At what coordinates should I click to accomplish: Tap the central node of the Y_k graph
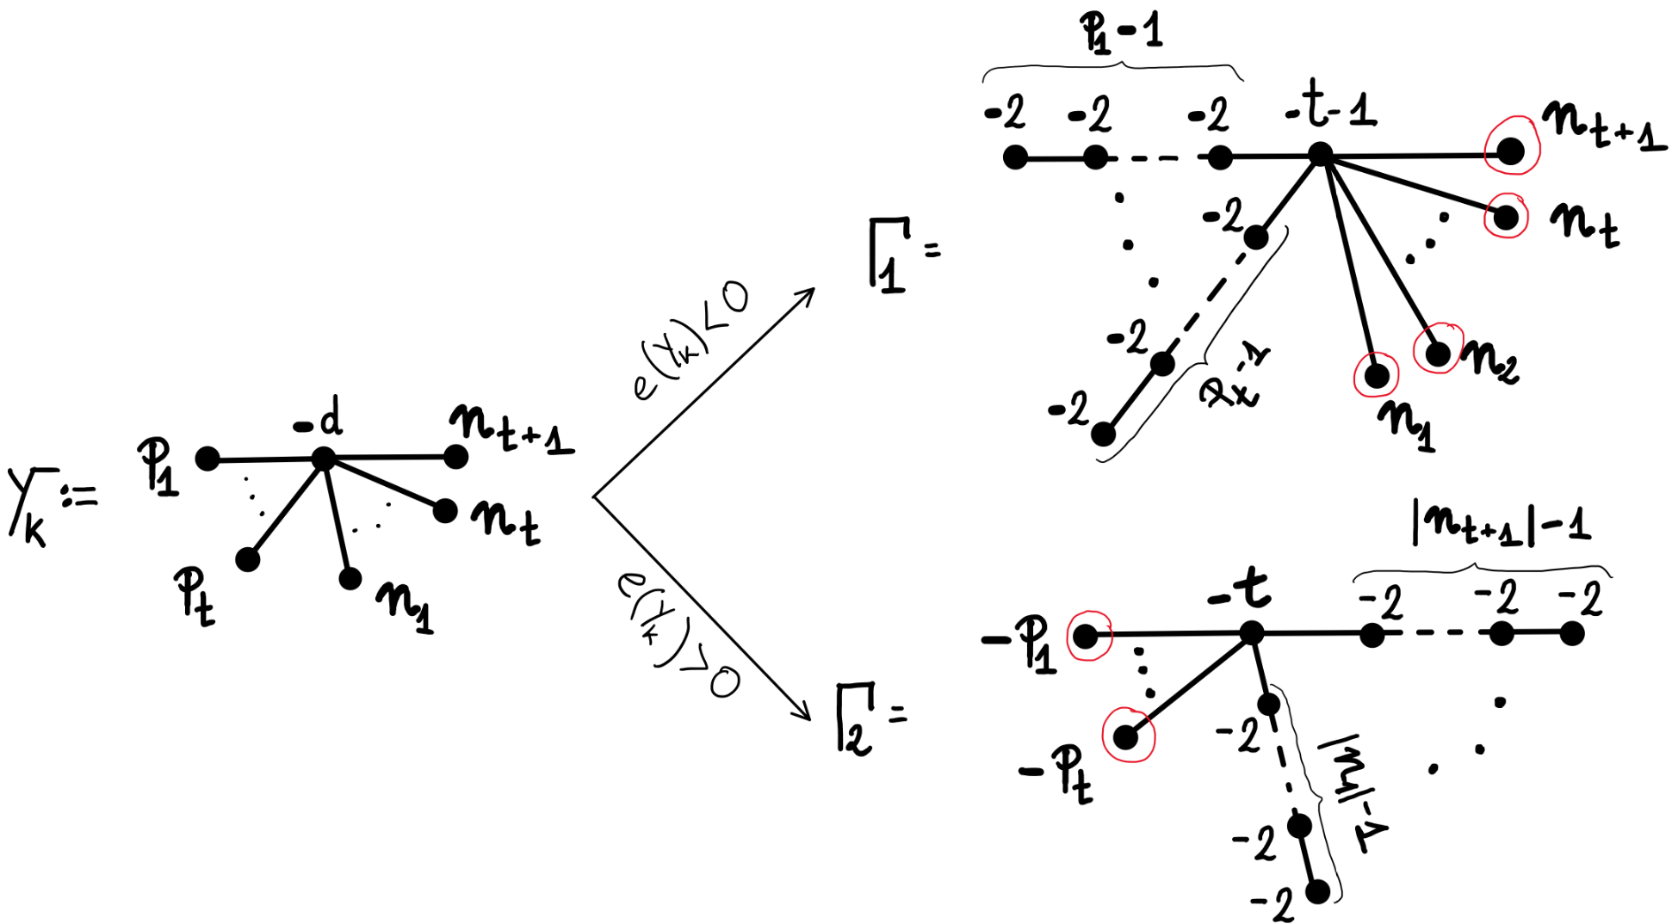click(x=323, y=459)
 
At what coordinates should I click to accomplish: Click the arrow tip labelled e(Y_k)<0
click(x=811, y=291)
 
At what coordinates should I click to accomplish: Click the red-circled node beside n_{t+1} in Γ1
click(x=1511, y=151)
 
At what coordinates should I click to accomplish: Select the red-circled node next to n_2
click(x=1437, y=353)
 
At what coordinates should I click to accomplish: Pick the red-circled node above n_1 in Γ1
click(x=1376, y=375)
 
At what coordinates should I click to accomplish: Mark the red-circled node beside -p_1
click(x=1087, y=637)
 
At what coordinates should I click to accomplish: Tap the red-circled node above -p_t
click(x=1126, y=736)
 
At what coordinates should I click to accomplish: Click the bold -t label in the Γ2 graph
click(x=1240, y=591)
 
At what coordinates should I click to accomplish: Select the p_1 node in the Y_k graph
click(x=207, y=459)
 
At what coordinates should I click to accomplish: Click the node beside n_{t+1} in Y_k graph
click(x=456, y=457)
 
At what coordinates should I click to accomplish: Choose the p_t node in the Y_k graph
click(x=248, y=560)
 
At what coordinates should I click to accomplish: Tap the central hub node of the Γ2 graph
click(x=1251, y=634)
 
